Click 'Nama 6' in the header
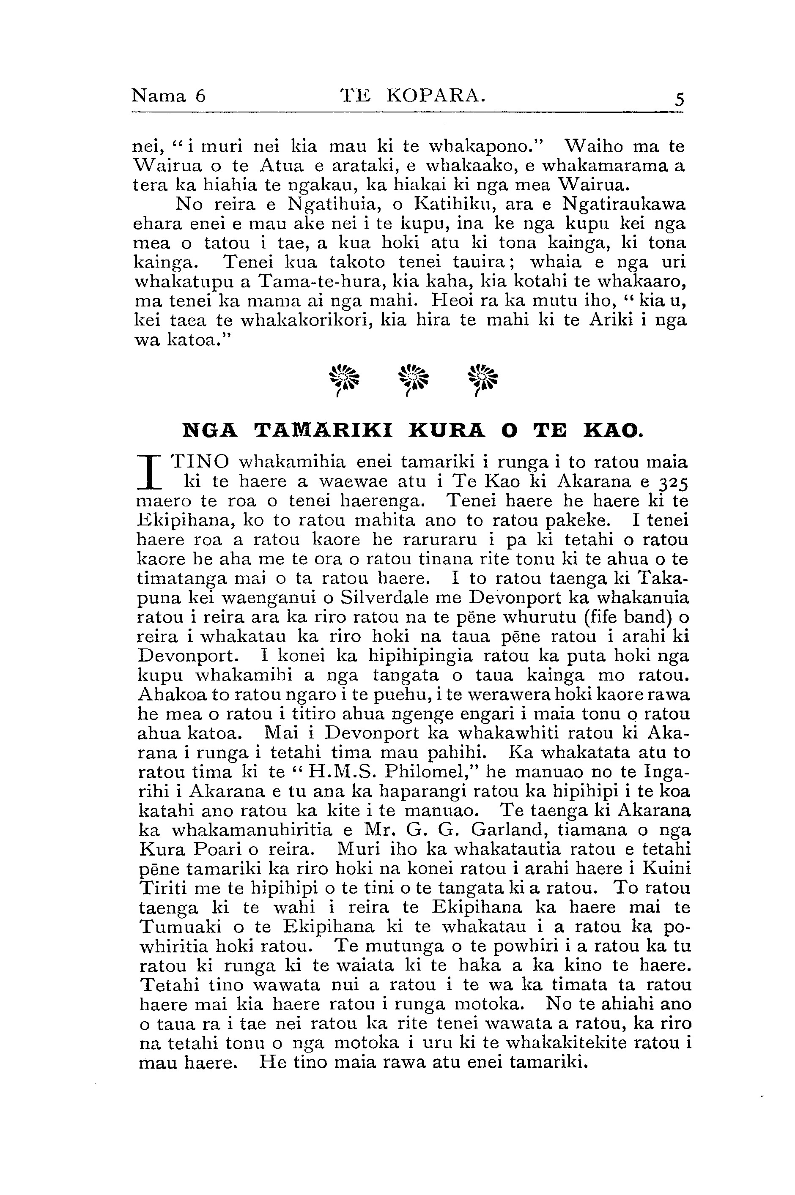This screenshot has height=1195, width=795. point(168,95)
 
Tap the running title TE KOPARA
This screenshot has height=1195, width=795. point(412,95)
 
